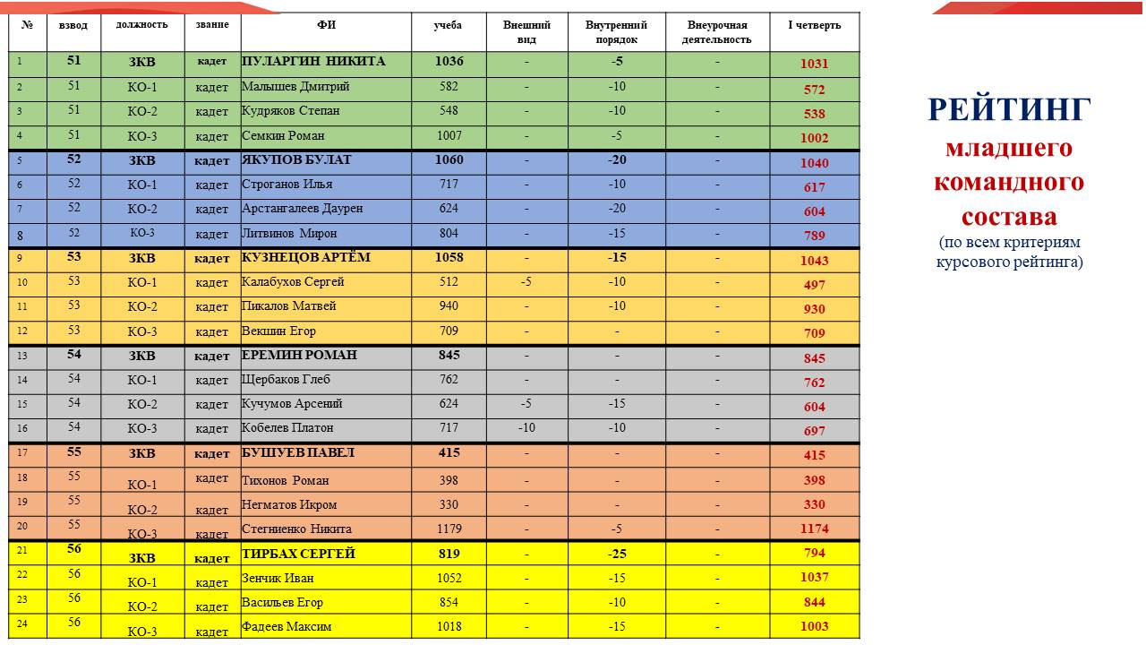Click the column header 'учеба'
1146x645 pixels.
pyautogui.click(x=448, y=25)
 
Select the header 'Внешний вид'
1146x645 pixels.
pyautogui.click(x=526, y=32)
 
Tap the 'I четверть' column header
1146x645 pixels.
pyautogui.click(x=814, y=25)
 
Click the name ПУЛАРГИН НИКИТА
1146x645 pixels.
pyautogui.click(x=313, y=62)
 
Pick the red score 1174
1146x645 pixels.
pyautogui.click(x=814, y=529)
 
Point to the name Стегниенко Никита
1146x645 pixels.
pyautogui.click(x=296, y=529)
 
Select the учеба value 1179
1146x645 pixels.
pyautogui.click(x=449, y=529)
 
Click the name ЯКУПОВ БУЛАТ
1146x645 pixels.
pyautogui.click(x=296, y=160)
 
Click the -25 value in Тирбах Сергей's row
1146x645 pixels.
pyautogui.click(x=617, y=554)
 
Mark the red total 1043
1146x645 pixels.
pyautogui.click(x=814, y=261)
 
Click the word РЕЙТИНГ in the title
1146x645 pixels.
pyautogui.click(x=1009, y=109)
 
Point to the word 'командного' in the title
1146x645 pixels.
pyautogui.click(x=1009, y=182)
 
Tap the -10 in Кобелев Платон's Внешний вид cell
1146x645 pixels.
pyautogui.click(x=526, y=428)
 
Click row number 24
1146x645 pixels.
pyautogui.click(x=23, y=624)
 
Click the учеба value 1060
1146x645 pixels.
pyautogui.click(x=448, y=160)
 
